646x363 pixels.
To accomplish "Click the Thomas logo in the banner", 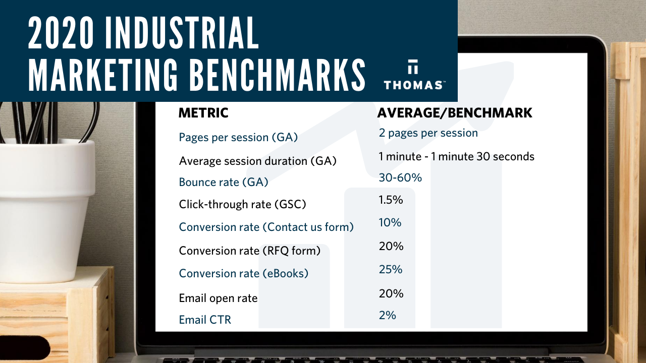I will coord(413,76).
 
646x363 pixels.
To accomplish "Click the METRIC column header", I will coord(203,113).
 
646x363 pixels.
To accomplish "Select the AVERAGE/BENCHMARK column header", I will coord(455,113).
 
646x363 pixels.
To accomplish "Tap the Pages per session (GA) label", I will coord(238,137).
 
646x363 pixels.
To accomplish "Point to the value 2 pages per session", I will coord(428,133).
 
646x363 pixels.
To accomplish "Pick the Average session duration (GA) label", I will coord(257,161).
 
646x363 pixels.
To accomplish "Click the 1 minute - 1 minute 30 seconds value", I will coord(456,156).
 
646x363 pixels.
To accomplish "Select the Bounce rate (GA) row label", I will coord(224,182).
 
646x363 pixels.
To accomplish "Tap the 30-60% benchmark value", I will coord(400,177).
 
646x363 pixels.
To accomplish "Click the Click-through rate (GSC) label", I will coord(242,204).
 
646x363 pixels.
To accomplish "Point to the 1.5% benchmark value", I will coord(391,200).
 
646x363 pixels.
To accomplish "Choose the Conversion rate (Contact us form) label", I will coord(266,227).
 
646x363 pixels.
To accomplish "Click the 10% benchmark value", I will coord(390,222).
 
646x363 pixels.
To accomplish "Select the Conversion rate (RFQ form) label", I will coord(249,250).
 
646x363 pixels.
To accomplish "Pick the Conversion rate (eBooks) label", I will coord(243,273).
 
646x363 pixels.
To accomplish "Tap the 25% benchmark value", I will coord(391,269).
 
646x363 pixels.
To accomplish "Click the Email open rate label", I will coord(218,298).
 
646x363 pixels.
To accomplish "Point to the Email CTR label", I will coord(205,320).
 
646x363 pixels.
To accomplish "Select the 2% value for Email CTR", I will coord(387,315).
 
